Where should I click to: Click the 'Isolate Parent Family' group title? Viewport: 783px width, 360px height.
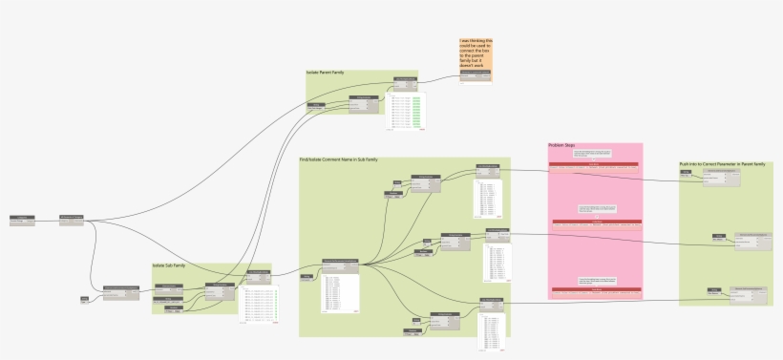pos(325,73)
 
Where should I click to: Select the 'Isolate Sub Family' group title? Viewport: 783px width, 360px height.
pos(168,265)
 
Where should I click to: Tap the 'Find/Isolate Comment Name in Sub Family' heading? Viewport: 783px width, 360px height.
pos(339,159)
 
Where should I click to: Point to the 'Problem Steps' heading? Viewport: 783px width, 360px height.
pos(561,146)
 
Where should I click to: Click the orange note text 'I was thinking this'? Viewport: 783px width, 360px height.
pos(476,41)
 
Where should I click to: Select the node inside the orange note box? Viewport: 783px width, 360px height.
pos(476,73)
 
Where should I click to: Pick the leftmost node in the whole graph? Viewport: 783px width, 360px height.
pos(22,221)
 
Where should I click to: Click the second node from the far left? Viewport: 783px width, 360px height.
pos(72,221)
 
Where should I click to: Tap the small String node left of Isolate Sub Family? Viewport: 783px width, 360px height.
pos(85,300)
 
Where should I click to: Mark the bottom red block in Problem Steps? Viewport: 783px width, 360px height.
pos(593,286)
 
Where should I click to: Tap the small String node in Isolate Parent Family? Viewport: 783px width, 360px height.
pos(326,105)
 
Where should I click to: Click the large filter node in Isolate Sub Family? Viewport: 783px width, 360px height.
pos(220,292)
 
